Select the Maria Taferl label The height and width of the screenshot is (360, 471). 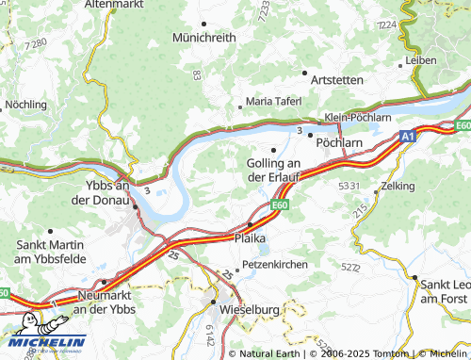273,101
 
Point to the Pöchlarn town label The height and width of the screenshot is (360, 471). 339,142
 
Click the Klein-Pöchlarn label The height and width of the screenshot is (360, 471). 357,117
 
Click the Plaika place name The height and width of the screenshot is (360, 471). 250,238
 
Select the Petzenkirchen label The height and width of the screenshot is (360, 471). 275,265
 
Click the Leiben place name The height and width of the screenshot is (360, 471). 421,59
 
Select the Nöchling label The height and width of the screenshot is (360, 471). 26,104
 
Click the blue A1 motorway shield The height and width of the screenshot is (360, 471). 406,137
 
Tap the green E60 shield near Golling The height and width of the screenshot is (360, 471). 280,203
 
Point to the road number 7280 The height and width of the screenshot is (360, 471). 37,43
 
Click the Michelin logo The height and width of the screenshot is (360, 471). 43,342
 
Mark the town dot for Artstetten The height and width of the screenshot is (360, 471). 304,72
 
